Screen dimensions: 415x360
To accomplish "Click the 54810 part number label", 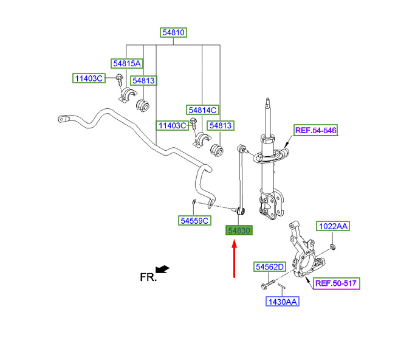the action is coord(173,32).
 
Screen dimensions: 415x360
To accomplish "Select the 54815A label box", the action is coord(127,64).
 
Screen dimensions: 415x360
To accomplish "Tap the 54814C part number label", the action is coord(202,110).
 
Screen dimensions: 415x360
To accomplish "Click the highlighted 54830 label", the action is coord(239,230).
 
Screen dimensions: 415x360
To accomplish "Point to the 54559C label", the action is coord(194,220).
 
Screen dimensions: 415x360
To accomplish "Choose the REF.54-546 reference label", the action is coord(316,130).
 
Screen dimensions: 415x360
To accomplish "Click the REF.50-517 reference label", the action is coord(336,283).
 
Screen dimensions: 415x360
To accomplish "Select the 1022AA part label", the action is coord(333,226).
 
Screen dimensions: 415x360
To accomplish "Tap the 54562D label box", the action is coord(270,267).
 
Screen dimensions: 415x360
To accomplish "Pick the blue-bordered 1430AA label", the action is coord(283,302).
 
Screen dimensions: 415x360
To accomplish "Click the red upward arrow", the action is coord(234,258).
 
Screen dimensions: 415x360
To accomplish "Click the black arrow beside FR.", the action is coord(162,269).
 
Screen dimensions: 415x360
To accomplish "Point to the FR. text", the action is coord(148,277).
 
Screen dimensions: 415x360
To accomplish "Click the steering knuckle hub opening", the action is coord(306,262).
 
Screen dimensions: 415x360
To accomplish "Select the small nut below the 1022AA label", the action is coord(333,247).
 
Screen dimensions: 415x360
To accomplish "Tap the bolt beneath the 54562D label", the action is coord(267,285).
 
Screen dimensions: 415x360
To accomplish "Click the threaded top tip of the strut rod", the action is coord(268,100).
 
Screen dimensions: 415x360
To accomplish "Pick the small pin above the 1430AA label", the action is coord(281,286).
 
